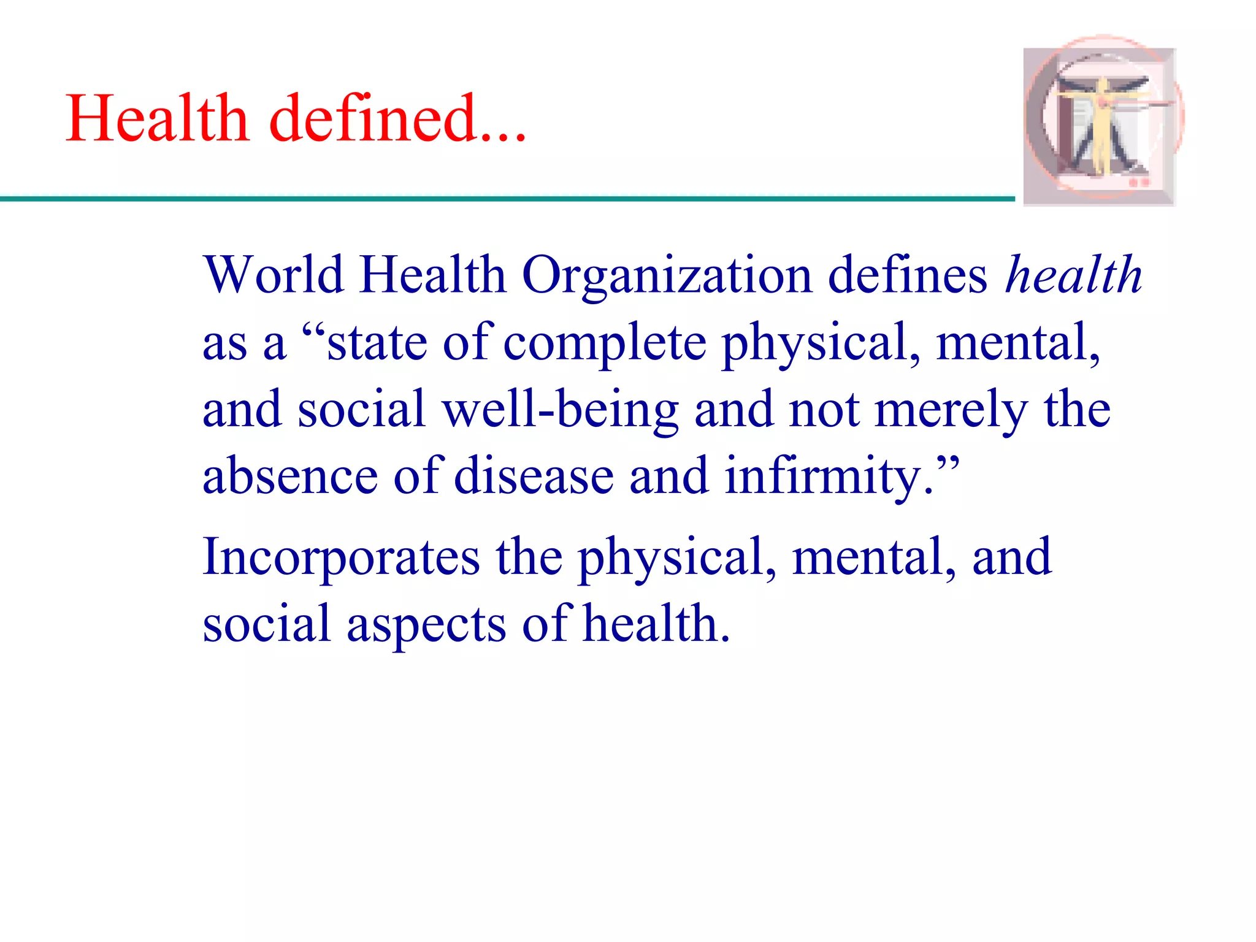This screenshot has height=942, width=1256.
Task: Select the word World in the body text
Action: coord(274,275)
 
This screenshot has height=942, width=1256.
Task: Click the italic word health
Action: coord(1073,275)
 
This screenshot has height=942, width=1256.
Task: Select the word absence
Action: coord(290,477)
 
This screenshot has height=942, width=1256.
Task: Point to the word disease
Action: coord(534,477)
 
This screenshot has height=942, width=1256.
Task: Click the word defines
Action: coord(908,275)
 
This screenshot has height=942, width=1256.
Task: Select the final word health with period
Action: coord(656,624)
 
